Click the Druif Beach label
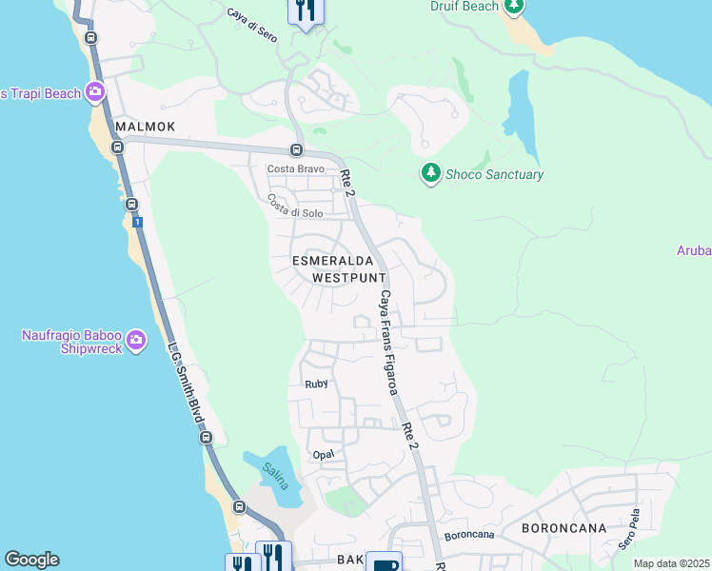coord(464,7)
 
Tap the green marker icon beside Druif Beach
coord(514,7)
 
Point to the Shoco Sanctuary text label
coord(494,174)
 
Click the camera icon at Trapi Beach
coord(94,92)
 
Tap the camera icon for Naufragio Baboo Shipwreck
coord(136,340)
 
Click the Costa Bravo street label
coord(289,168)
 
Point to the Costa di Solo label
coord(295,206)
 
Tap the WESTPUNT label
coord(349,277)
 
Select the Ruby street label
coord(316,384)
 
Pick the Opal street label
coord(323,455)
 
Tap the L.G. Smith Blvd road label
coord(184,384)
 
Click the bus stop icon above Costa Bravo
coord(296,150)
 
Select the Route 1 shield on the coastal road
coord(138,222)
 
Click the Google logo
coord(31,560)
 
